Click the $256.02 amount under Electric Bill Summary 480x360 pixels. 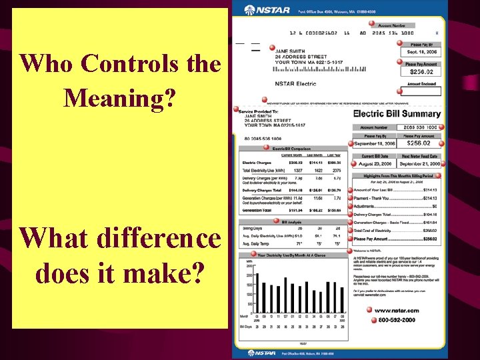tap(420, 143)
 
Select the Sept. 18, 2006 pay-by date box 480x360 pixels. tap(421, 51)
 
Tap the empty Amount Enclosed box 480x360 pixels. tap(421, 91)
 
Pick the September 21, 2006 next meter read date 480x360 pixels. tap(420, 163)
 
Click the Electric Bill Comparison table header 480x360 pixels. tap(291, 148)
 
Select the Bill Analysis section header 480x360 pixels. tap(291, 221)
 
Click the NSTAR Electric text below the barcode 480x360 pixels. tap(296, 84)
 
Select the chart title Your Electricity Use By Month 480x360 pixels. tap(291, 255)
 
